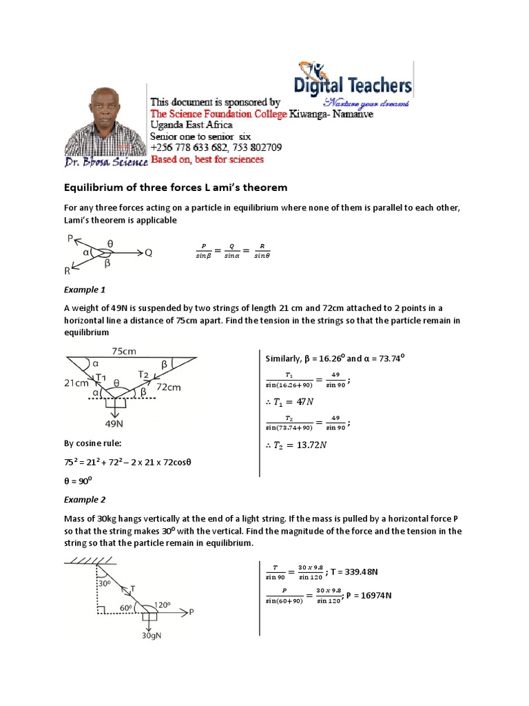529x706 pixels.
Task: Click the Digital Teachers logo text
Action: click(353, 86)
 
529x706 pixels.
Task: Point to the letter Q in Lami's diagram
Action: click(148, 252)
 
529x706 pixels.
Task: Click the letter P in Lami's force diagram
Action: click(70, 239)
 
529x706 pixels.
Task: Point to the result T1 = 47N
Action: click(296, 405)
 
